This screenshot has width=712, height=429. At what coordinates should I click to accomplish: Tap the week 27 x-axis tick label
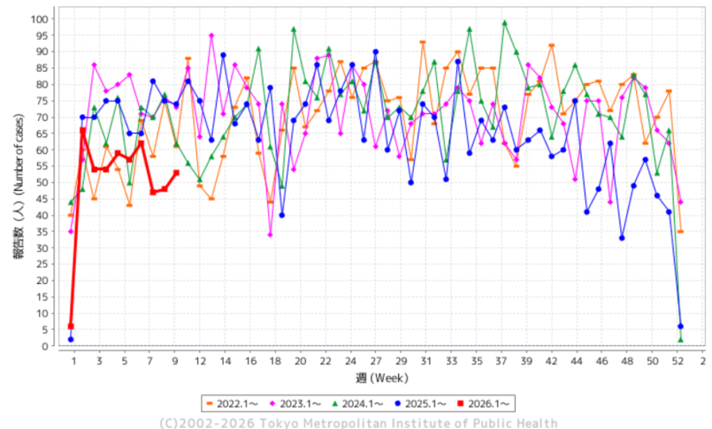coord(376,361)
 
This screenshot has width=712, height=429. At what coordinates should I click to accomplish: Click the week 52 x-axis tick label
coord(679,361)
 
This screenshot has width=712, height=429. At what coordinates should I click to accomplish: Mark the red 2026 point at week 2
coord(83,130)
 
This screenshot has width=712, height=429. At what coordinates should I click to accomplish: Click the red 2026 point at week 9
coord(176,172)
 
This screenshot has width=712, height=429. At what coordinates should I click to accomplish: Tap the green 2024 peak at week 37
coord(504,23)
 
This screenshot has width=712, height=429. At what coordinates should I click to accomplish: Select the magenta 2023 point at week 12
coord(211,35)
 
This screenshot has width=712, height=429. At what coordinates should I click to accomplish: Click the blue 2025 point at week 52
coord(680,326)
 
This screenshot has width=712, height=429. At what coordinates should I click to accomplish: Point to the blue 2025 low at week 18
coord(281,215)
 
